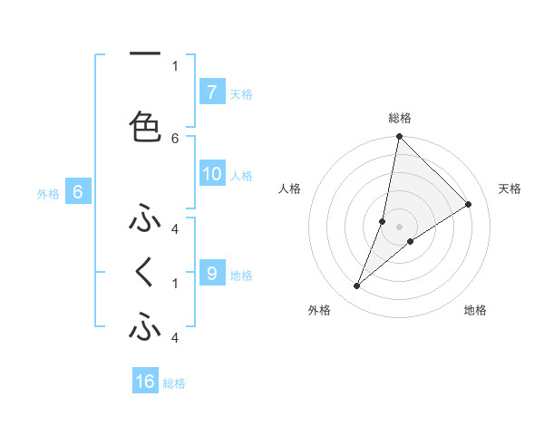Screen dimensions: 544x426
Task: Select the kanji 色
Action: pyautogui.click(x=145, y=127)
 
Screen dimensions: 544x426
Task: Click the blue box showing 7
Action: pyautogui.click(x=211, y=92)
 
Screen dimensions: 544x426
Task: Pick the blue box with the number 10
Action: pyautogui.click(x=211, y=175)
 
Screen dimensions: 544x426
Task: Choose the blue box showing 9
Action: pyautogui.click(x=211, y=273)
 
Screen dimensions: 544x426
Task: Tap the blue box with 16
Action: pyautogui.click(x=145, y=382)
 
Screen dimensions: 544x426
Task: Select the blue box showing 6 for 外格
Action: pyautogui.click(x=77, y=192)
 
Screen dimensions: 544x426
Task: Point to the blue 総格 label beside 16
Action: pyautogui.click(x=174, y=382)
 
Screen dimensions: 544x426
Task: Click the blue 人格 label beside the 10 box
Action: pyautogui.click(x=241, y=176)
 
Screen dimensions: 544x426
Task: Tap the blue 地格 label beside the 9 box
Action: pyautogui.click(x=241, y=275)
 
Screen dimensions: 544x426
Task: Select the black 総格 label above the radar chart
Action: pyautogui.click(x=399, y=118)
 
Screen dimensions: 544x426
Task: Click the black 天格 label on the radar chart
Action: pyautogui.click(x=510, y=189)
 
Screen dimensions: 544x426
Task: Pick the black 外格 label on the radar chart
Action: pyautogui.click(x=319, y=311)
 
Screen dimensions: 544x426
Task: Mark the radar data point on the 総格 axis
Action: pyautogui.click(x=399, y=137)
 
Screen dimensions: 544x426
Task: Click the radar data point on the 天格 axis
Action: pyautogui.click(x=469, y=204)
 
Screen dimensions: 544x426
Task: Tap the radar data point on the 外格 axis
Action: pyautogui.click(x=357, y=286)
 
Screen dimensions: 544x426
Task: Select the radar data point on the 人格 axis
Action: pyautogui.click(x=383, y=221)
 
